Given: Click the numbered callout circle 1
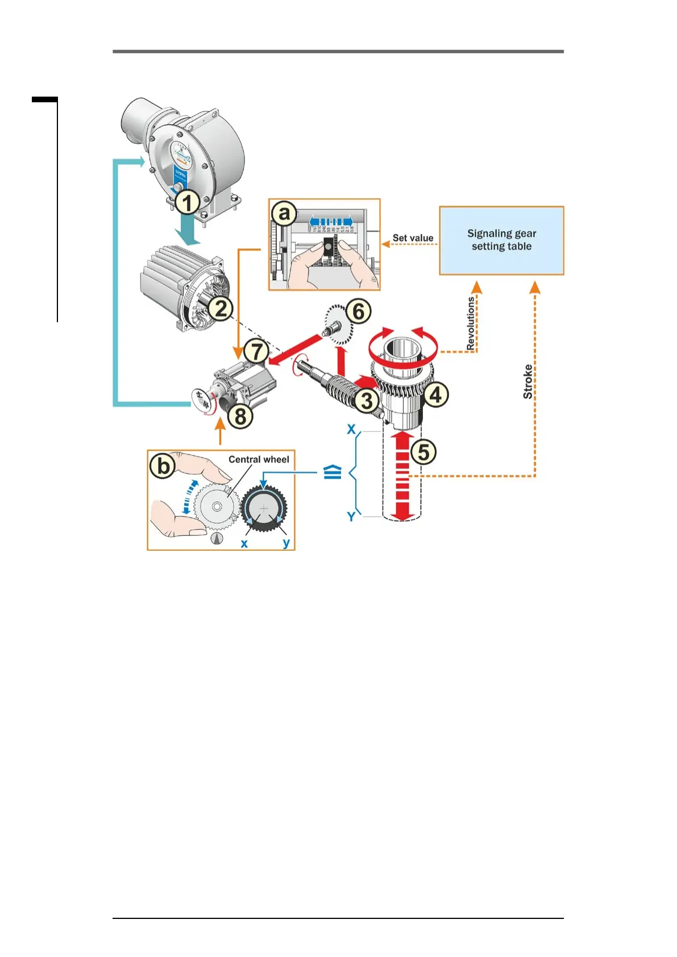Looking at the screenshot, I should point(187,202).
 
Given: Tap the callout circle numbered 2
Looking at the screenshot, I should point(221,309).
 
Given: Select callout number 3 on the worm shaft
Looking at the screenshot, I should point(367,400).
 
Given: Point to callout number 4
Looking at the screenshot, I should point(436,394).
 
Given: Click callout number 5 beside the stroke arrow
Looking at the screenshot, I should point(423,452).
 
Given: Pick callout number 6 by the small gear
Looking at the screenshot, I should point(359,311).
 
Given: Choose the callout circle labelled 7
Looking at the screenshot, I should point(256,351).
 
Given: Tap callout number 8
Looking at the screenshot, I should point(240,416).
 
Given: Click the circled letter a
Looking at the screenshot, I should point(284,214).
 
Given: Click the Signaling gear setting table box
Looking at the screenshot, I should point(501,240).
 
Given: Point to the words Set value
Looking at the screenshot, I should point(413,238).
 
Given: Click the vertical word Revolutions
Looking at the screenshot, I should point(471,323).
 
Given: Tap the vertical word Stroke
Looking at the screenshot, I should point(528,381).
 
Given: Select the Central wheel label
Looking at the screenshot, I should point(259,459).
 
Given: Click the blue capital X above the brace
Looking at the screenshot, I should point(352,429).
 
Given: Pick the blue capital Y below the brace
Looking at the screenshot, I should point(351,517).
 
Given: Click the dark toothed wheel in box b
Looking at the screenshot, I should point(264,508).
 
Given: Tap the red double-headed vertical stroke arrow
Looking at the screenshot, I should point(402,476).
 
